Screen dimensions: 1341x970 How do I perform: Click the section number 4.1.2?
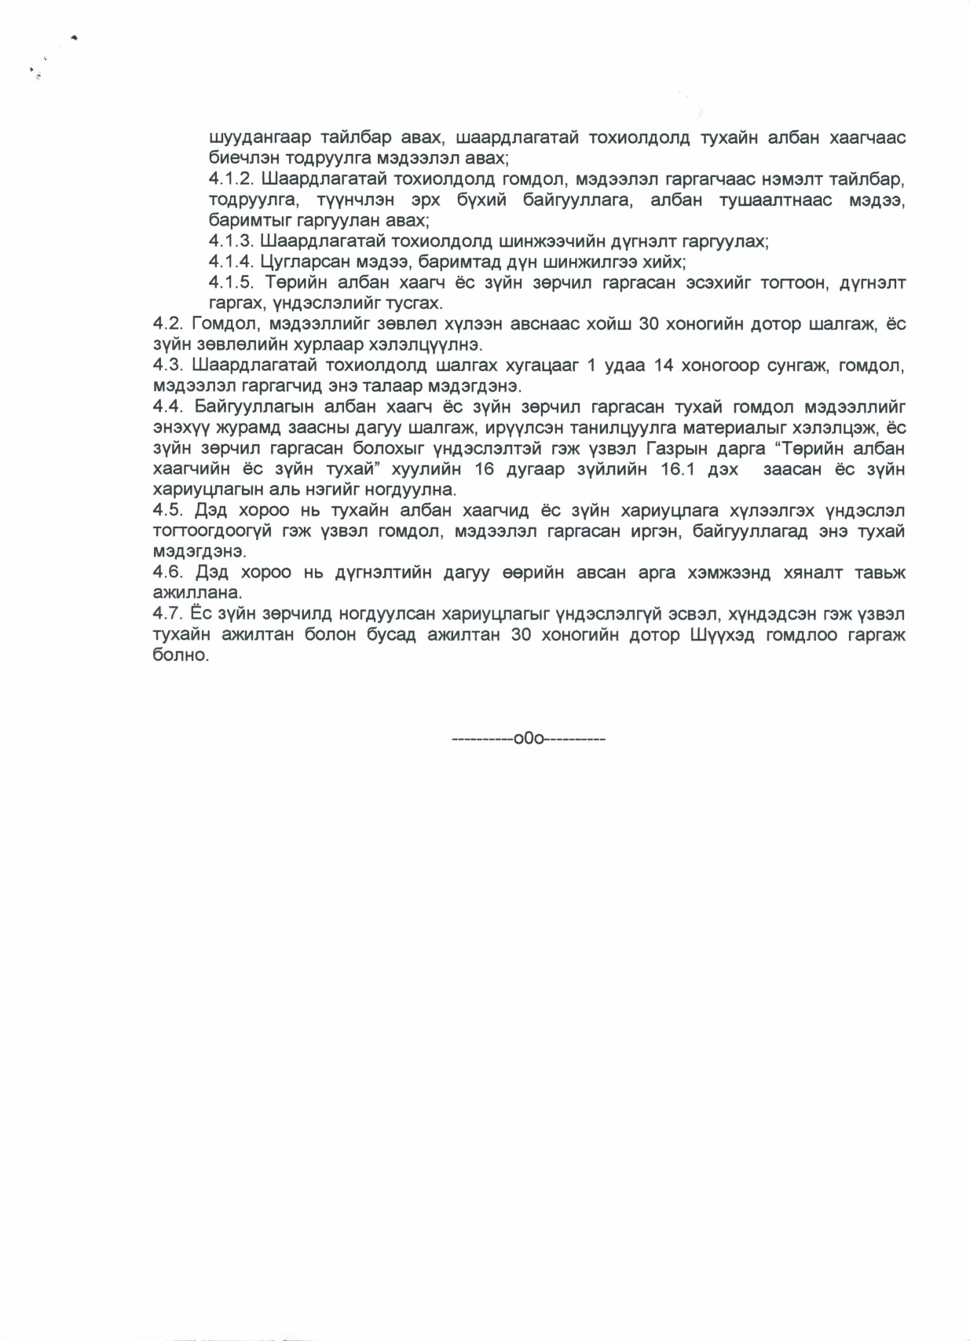click(232, 179)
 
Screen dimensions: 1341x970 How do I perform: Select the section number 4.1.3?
click(232, 241)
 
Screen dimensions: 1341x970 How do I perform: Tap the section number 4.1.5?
click(232, 282)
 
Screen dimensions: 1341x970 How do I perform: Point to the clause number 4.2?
click(167, 324)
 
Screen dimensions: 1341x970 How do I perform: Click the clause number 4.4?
click(167, 406)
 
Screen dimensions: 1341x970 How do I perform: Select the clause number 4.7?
click(167, 613)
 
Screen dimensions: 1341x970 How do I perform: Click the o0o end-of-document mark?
click(529, 739)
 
